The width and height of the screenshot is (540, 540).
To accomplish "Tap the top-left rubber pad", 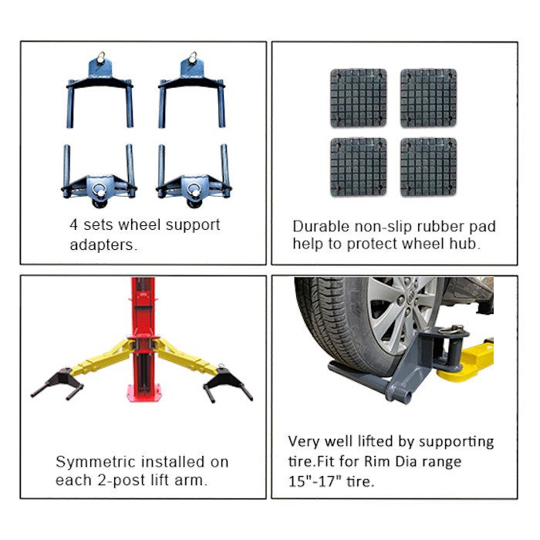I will tap(358, 97).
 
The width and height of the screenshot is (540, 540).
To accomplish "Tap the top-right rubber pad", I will tap(428, 97).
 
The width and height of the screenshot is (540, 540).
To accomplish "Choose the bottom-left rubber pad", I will tap(358, 167).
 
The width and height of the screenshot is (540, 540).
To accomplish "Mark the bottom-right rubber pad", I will tap(428, 167).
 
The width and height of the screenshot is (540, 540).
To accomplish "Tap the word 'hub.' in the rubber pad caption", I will tap(464, 245).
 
